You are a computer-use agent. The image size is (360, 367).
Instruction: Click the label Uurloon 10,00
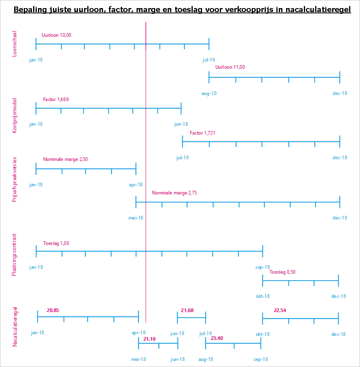tap(57, 35)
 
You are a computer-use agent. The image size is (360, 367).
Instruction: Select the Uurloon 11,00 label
tap(230, 67)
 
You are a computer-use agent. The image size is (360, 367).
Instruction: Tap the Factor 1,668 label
tap(56, 99)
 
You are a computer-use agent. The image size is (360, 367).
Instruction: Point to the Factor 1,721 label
tap(202, 133)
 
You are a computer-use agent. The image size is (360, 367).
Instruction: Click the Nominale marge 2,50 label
tap(65, 159)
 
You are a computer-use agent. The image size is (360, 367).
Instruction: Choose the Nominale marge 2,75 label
tap(174, 193)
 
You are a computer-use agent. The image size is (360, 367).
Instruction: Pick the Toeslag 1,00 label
tap(56, 243)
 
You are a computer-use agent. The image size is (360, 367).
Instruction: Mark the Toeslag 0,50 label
tap(282, 272)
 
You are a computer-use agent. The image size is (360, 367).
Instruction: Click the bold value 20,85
tap(53, 310)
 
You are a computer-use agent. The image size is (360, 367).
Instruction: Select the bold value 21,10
tap(149, 339)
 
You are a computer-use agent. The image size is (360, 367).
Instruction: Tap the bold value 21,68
tap(187, 310)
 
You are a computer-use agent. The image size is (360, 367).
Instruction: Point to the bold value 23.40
tap(217, 338)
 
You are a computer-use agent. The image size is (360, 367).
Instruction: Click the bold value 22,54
tap(280, 310)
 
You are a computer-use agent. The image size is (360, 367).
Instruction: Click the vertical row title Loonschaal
tap(15, 44)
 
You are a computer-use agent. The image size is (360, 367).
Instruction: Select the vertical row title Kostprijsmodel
tap(15, 116)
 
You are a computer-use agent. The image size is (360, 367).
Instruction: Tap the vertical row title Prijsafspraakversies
tap(15, 179)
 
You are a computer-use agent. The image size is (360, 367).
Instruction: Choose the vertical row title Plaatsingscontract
tap(15, 255)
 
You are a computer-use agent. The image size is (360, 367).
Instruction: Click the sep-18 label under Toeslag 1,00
tap(263, 267)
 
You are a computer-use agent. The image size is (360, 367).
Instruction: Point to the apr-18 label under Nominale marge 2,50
tap(136, 185)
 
